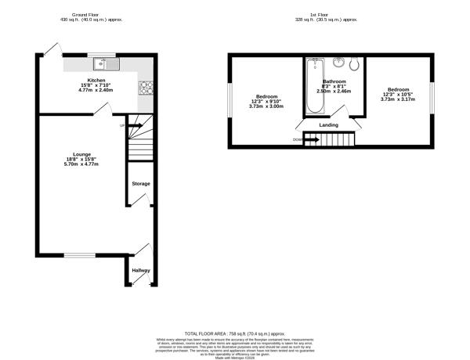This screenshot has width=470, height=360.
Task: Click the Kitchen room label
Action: point(96,80)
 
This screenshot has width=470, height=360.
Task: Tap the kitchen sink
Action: point(103,63)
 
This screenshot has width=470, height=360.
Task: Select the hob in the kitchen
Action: point(146,86)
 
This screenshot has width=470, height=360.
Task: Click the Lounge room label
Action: point(81,154)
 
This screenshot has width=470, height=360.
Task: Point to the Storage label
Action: point(140,184)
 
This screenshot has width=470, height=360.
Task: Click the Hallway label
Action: point(140,270)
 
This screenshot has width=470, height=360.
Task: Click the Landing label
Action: point(328,124)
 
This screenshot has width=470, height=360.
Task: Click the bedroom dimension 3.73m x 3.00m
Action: point(266,106)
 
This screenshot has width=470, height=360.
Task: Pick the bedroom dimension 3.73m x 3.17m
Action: point(397,99)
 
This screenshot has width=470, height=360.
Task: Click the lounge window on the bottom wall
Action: point(79,255)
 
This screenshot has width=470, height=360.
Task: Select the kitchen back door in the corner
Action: point(52,49)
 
